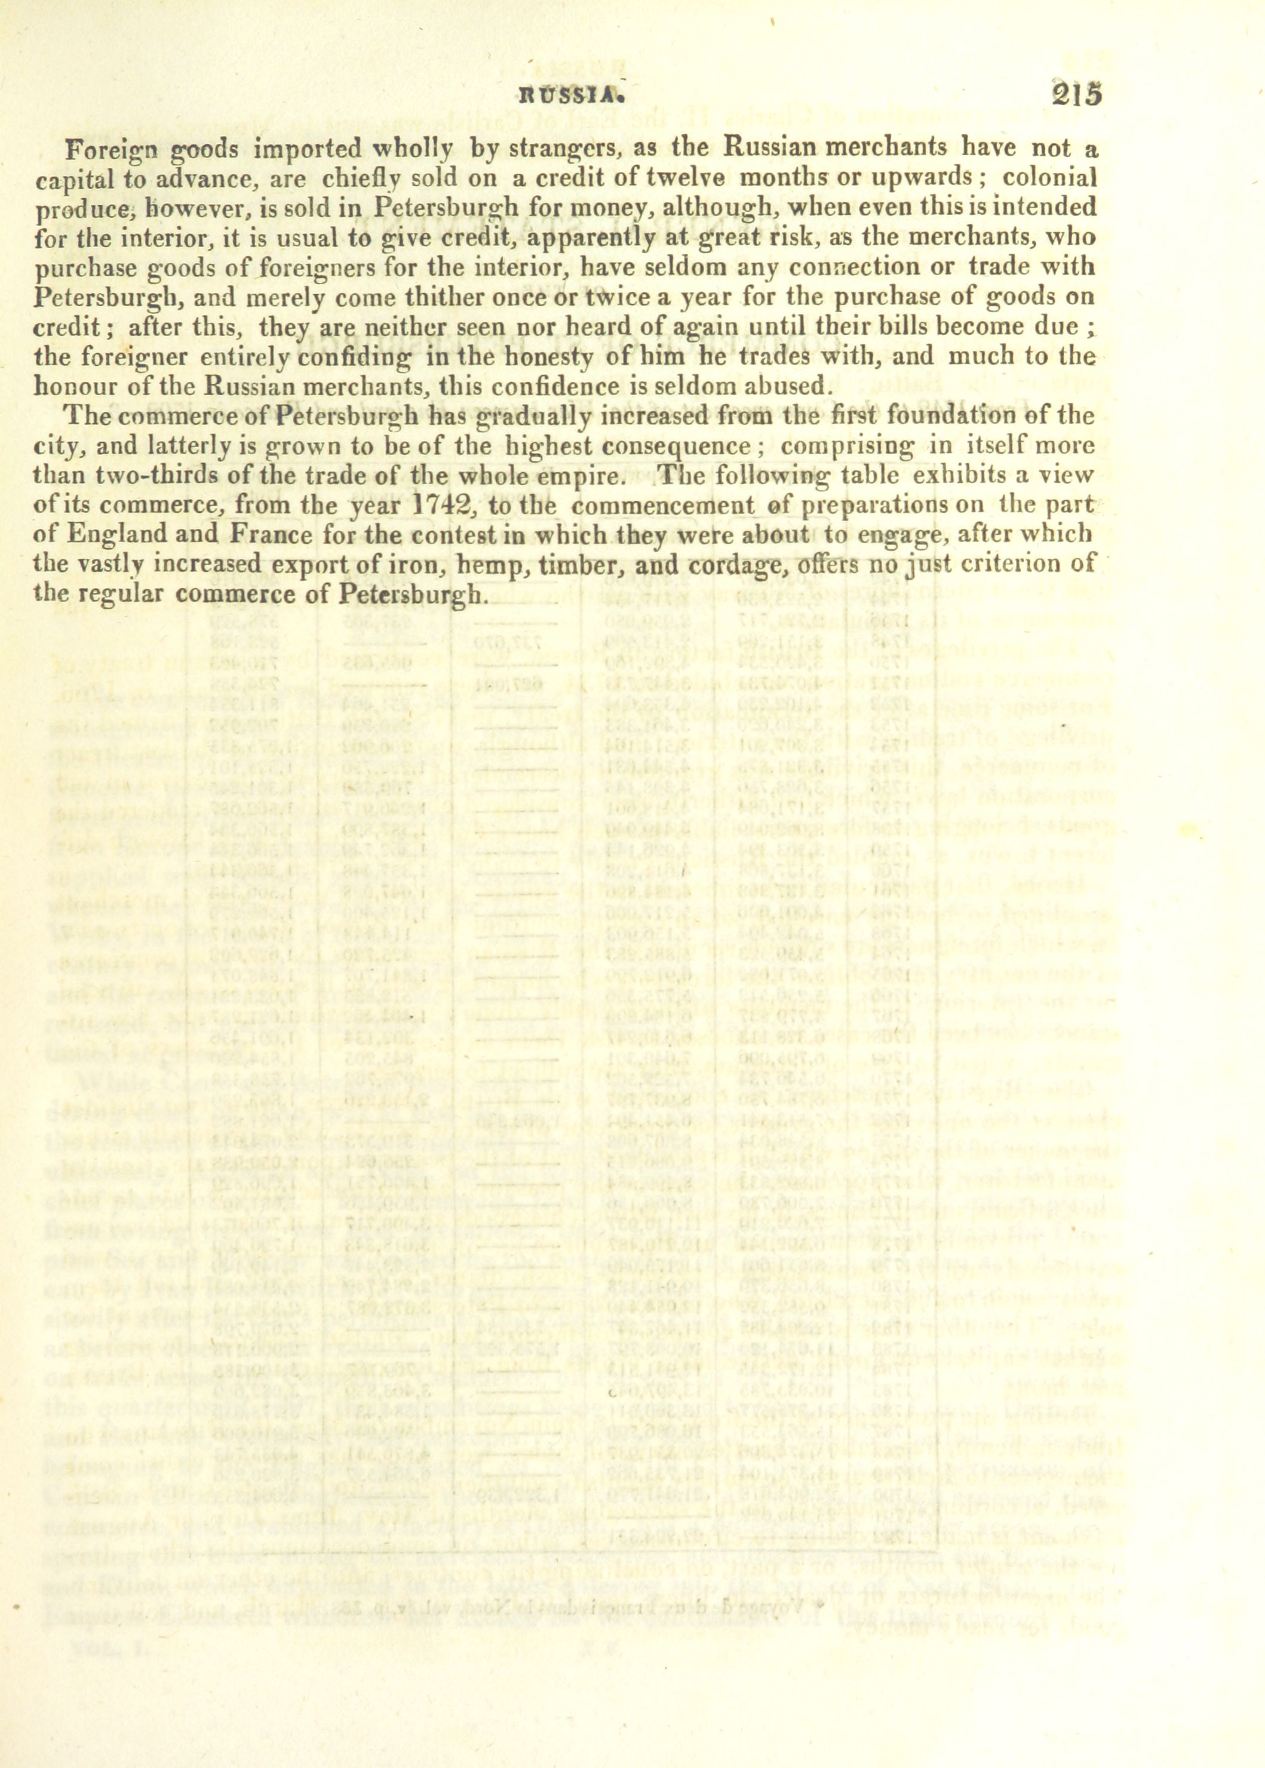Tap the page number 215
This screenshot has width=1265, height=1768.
coord(1075,94)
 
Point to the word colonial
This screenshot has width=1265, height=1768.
coord(1049,177)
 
